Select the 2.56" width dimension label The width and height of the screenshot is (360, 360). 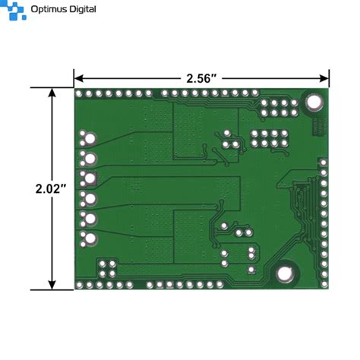[x=201, y=77]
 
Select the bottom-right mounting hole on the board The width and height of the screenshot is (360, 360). [x=286, y=273]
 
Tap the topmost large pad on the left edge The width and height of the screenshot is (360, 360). [x=90, y=139]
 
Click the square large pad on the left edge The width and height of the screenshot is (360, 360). [x=90, y=179]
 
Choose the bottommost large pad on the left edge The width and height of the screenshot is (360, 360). [x=90, y=239]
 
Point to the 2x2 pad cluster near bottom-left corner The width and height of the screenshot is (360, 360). [x=109, y=267]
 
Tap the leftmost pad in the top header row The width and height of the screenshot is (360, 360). [x=81, y=94]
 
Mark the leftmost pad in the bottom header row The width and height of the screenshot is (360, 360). [x=81, y=285]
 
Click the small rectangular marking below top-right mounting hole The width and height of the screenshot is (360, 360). [x=318, y=125]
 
